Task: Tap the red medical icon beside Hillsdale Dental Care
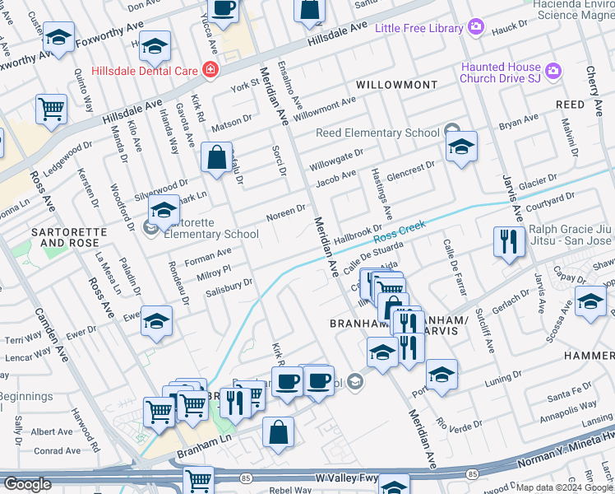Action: click(211, 71)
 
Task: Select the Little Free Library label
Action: click(418, 29)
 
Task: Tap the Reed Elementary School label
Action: click(378, 133)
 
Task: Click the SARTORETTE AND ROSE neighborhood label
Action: click(69, 238)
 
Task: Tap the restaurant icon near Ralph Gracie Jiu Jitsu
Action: click(508, 241)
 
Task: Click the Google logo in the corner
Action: click(28, 484)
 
